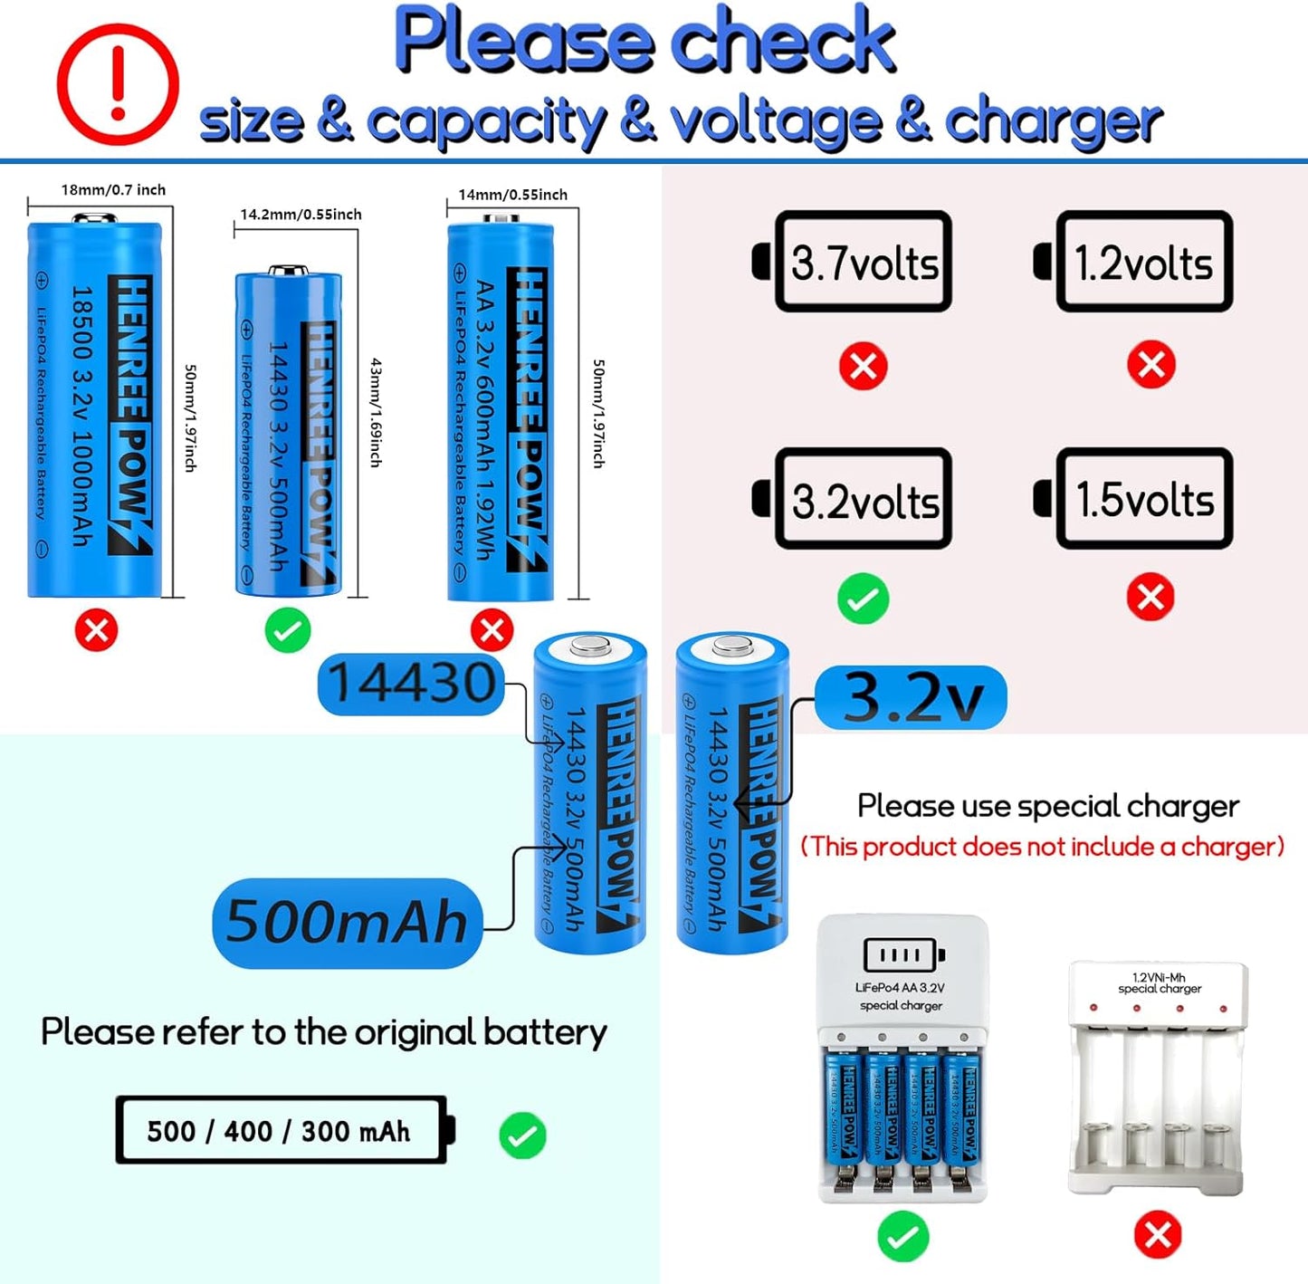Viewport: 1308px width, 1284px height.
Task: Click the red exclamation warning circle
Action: (x=118, y=84)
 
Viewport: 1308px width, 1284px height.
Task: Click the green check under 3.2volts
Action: (x=863, y=599)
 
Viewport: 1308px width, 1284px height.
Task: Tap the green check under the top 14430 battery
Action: (x=288, y=630)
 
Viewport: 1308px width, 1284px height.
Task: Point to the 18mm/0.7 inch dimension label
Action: (x=113, y=190)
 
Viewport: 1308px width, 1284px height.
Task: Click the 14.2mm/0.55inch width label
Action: (x=301, y=215)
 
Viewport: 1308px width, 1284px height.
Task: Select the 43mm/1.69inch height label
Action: (x=376, y=412)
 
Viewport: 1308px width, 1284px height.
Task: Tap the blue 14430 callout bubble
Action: (x=412, y=683)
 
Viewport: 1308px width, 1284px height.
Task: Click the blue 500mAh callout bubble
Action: (x=347, y=922)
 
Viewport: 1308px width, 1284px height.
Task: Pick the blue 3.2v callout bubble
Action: (x=912, y=697)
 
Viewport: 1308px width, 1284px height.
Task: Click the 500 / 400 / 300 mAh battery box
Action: (x=282, y=1130)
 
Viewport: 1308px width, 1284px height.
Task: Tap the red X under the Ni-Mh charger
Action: (x=1158, y=1234)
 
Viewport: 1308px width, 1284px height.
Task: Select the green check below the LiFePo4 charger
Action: (x=902, y=1236)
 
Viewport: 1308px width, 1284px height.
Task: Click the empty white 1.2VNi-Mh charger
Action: (x=1158, y=1078)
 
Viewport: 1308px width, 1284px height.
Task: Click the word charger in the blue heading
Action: (x=1054, y=121)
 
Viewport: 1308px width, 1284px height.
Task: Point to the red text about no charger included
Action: (x=1043, y=847)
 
